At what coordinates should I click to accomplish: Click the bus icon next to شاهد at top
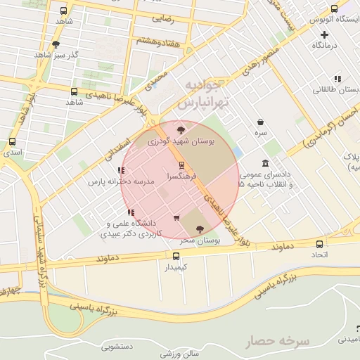click(x=64, y=11)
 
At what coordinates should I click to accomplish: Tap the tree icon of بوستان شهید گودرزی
click(x=181, y=129)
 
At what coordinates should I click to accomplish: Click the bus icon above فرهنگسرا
click(x=182, y=165)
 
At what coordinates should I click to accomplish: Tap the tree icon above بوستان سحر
click(x=200, y=229)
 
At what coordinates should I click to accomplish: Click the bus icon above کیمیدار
click(x=176, y=257)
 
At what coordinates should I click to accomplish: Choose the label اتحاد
click(x=320, y=254)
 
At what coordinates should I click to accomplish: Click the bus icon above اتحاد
click(x=320, y=243)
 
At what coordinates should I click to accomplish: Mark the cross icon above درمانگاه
click(x=324, y=34)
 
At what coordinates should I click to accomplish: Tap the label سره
click(x=261, y=132)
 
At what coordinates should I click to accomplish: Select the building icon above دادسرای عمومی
click(x=264, y=163)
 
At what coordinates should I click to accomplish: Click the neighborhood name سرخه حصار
click(x=278, y=342)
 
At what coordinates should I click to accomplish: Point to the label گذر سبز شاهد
click(x=56, y=54)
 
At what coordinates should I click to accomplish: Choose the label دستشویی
click(x=117, y=345)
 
